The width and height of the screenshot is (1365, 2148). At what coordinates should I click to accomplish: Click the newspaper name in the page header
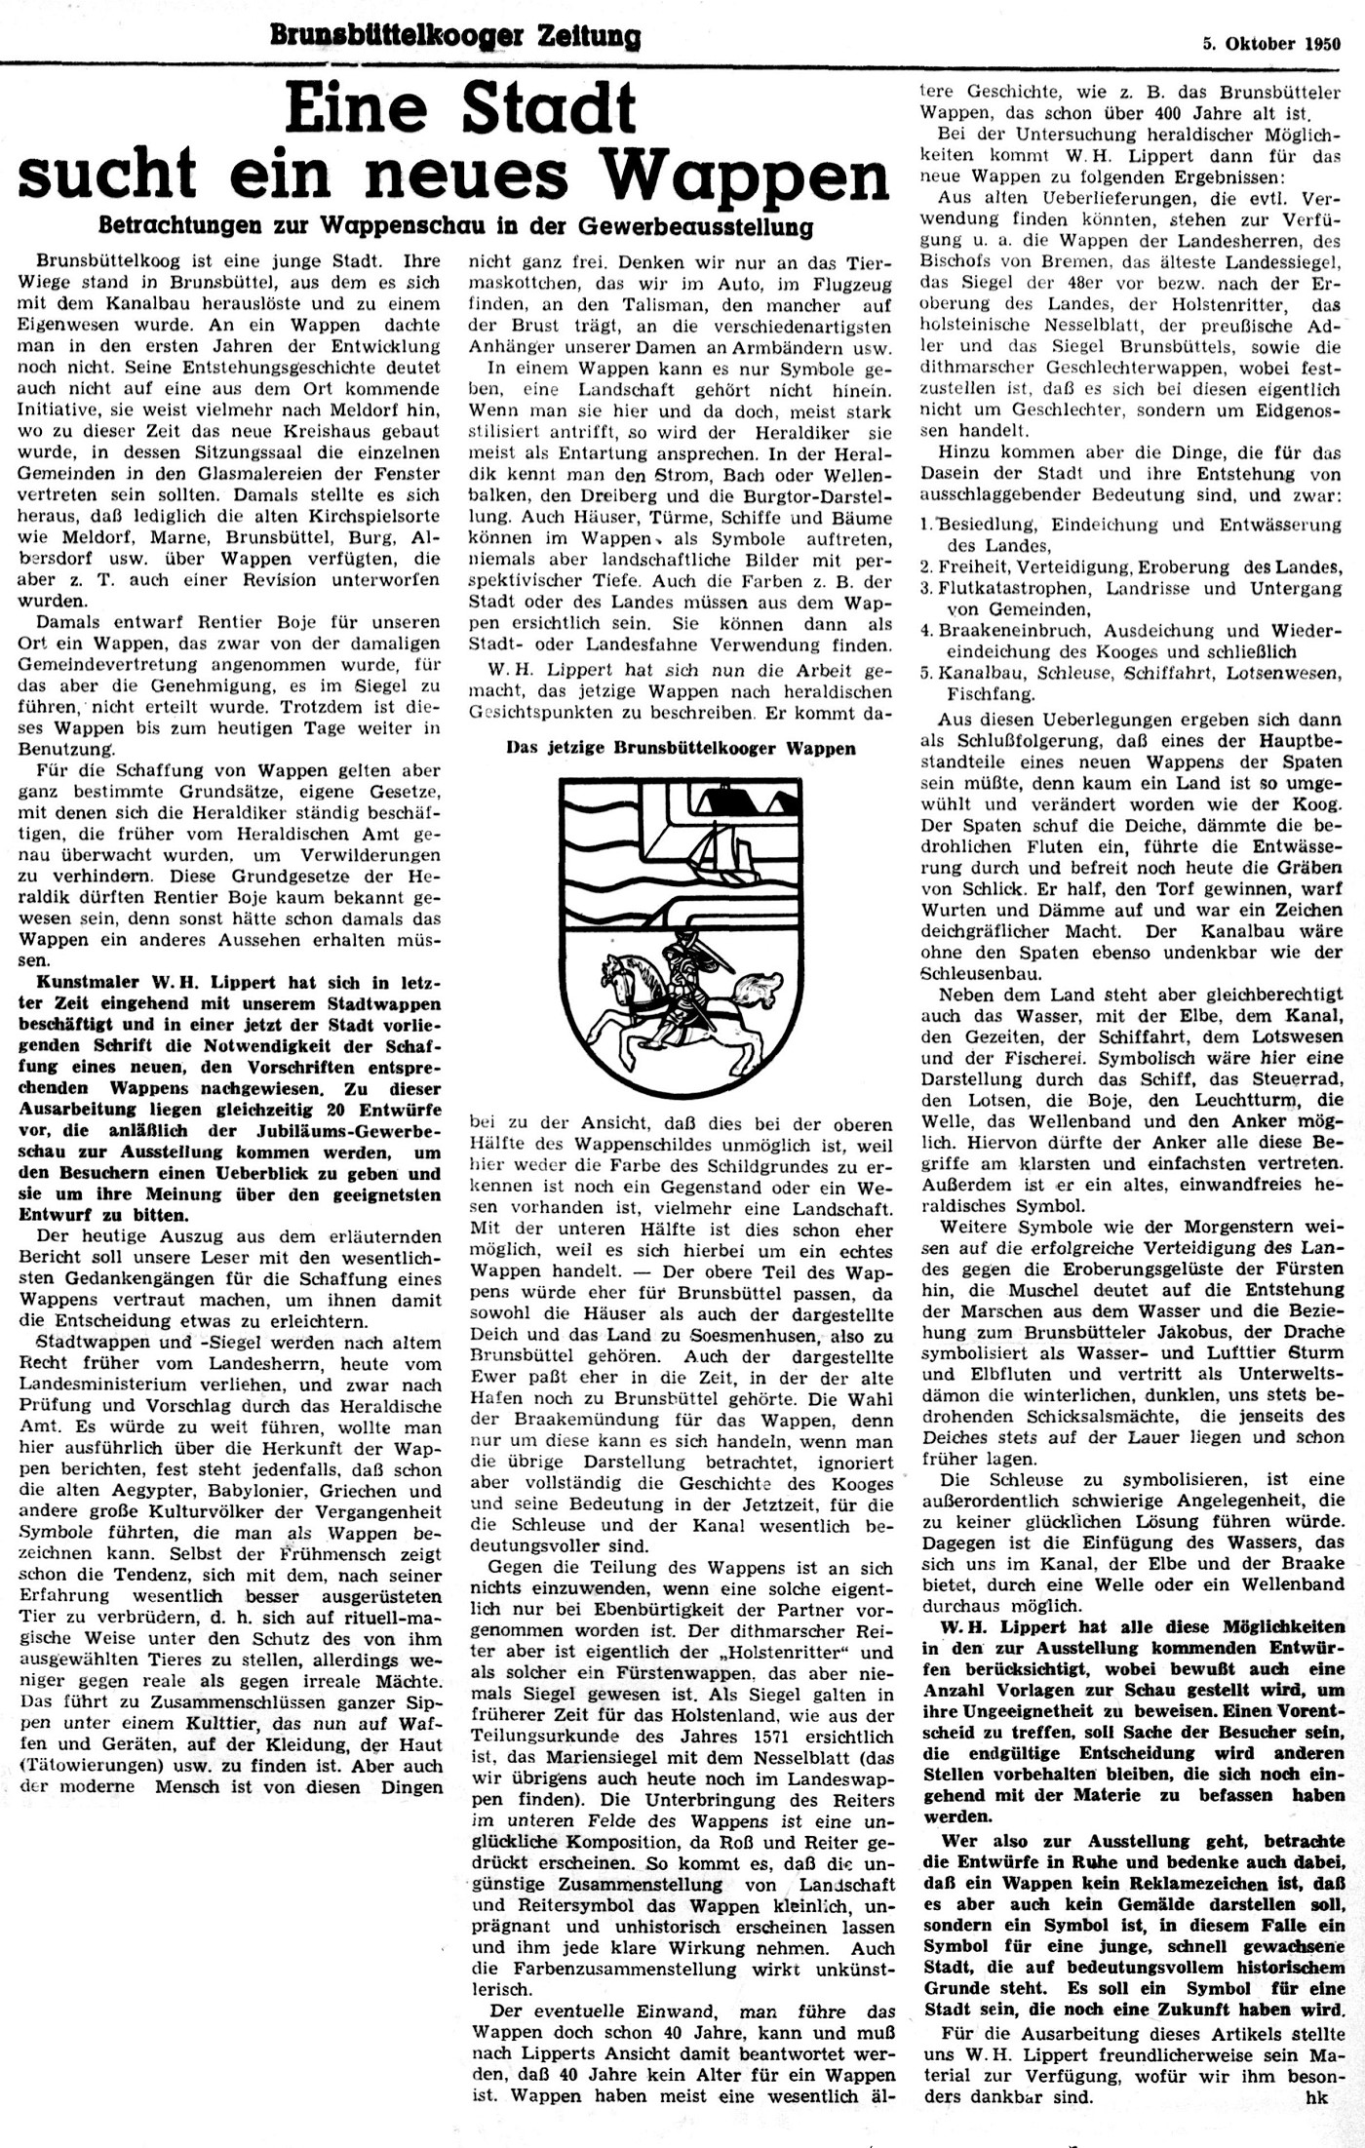(x=455, y=37)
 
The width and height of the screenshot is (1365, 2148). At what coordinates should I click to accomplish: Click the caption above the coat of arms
(x=681, y=749)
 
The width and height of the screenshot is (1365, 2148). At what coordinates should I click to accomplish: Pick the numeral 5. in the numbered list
(x=926, y=673)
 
